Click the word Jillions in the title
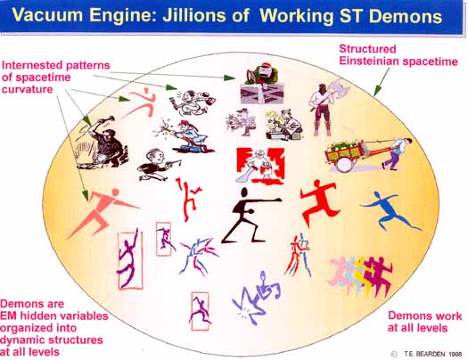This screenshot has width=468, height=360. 195,16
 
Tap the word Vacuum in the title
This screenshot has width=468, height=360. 47,15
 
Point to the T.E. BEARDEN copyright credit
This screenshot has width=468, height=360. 432,354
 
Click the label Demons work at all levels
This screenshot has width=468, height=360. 424,322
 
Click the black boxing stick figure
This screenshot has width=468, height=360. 250,216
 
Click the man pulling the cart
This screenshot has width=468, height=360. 396,153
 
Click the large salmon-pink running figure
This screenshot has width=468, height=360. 102,212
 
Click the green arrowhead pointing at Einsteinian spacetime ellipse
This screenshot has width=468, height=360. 378,90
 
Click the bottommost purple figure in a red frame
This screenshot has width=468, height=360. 200,311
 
